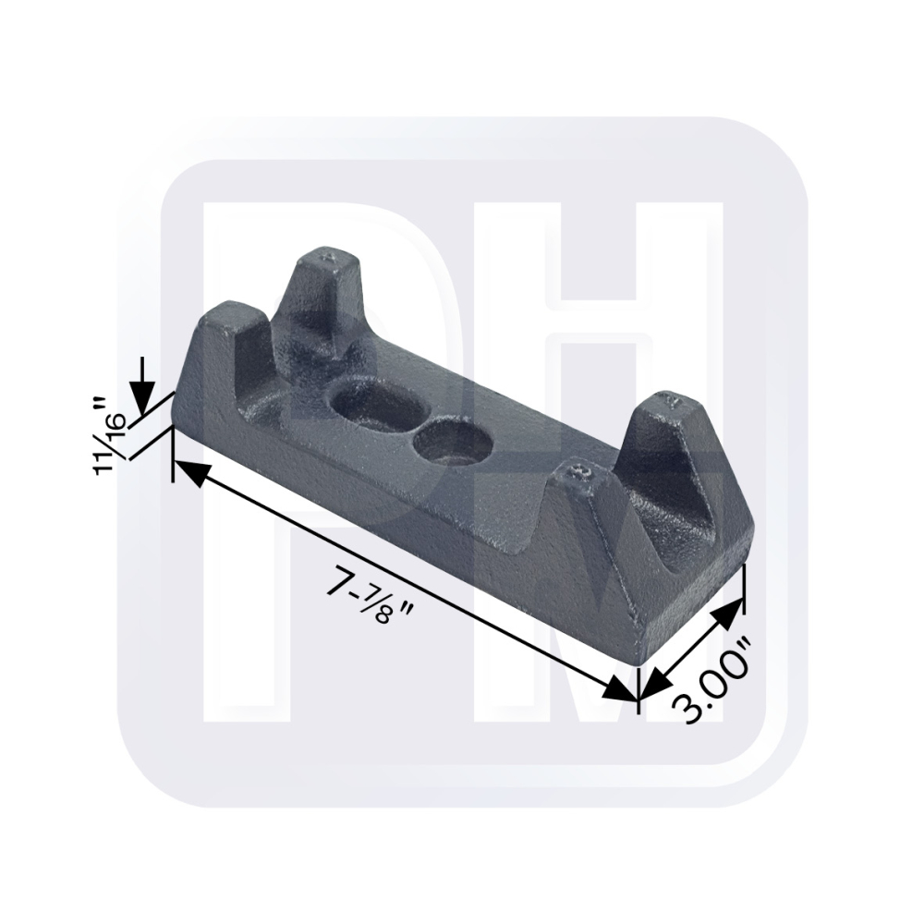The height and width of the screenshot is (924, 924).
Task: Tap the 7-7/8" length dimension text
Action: point(371,596)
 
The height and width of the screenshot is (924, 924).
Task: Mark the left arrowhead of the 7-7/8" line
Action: point(193,472)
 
